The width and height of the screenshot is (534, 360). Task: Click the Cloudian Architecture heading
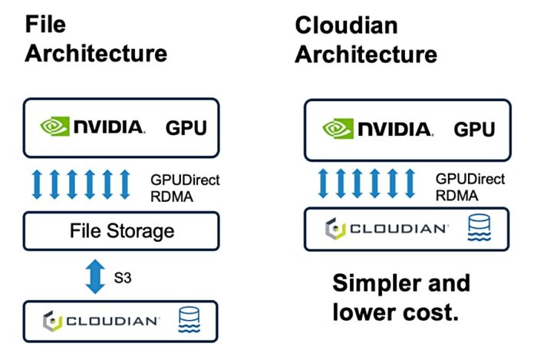click(366, 40)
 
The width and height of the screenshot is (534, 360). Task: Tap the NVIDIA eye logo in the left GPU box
click(54, 126)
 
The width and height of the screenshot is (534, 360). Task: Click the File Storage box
click(122, 230)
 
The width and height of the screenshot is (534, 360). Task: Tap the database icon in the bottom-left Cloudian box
click(190, 320)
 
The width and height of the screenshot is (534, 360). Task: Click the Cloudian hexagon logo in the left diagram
click(51, 320)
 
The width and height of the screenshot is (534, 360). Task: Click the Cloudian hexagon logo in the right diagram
click(332, 229)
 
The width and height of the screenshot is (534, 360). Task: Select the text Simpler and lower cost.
click(400, 298)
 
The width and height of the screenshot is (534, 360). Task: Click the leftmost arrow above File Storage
click(38, 185)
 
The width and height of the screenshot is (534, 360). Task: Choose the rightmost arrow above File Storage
click(126, 185)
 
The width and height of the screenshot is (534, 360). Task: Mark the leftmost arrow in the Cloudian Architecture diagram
click(323, 185)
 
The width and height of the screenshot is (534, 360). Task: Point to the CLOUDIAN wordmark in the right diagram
click(398, 229)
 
